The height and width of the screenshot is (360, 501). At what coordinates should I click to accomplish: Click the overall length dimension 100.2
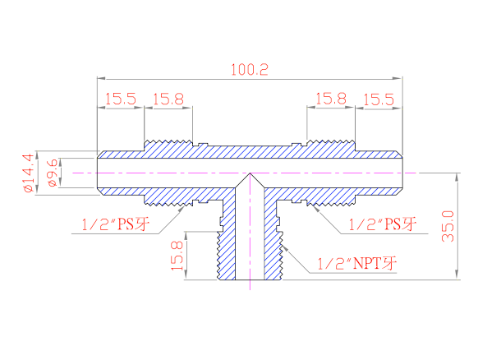coord(250,70)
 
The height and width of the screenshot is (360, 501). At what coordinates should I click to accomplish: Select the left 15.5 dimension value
coord(121,99)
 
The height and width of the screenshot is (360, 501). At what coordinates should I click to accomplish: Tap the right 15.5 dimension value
coord(379,99)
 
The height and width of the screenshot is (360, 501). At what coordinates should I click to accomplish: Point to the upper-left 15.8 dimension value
coord(168,99)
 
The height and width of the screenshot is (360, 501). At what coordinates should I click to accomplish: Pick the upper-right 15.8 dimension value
coord(331,99)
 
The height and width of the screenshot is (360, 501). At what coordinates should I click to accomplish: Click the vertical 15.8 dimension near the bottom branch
coord(177,256)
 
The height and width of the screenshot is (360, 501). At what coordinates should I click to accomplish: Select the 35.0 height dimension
coord(448,226)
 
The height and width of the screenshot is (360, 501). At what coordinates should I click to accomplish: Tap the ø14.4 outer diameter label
coord(28,173)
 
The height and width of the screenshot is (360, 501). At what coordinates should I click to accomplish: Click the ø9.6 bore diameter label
coord(53,173)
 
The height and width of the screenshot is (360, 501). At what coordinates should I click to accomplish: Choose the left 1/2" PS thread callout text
coord(116,224)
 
